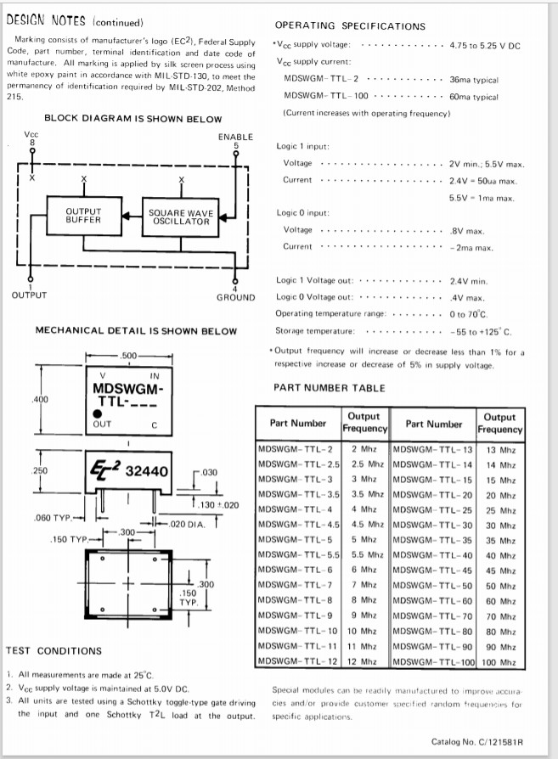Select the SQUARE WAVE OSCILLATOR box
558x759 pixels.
181,216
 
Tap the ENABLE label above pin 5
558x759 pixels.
235,136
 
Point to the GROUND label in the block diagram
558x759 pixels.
235,297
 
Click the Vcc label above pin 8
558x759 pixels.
31,134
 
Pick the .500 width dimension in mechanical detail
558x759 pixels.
129,355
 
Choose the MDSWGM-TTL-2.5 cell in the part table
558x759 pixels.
298,464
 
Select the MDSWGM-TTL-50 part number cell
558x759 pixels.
432,586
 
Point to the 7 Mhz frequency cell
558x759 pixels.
364,586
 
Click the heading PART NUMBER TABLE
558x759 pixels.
329,388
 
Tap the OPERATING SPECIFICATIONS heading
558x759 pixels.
350,26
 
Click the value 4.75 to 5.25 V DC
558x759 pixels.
485,44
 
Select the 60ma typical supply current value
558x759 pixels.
474,97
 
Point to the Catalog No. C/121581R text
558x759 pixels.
477,741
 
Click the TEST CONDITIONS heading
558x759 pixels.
54,650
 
